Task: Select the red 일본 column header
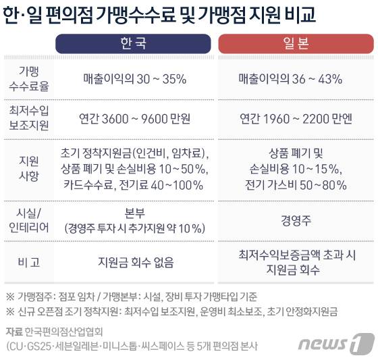[295, 44]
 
